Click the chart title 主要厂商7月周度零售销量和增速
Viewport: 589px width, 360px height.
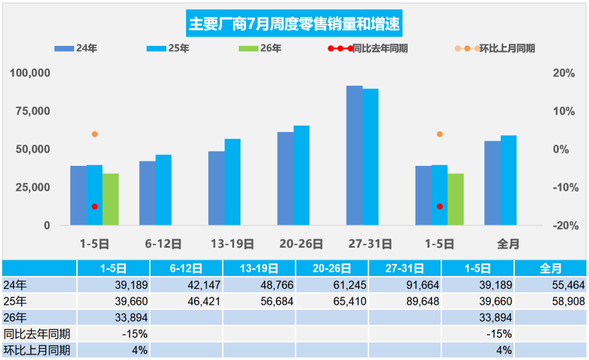tap(294, 23)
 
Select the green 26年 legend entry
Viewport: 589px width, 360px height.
tap(260, 48)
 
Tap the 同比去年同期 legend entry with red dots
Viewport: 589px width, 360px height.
tap(368, 49)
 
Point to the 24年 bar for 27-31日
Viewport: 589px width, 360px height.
tap(354, 155)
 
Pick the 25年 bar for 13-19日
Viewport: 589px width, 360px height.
tap(232, 182)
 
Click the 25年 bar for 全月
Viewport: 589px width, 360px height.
tap(509, 181)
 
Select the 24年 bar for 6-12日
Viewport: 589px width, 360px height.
tap(147, 193)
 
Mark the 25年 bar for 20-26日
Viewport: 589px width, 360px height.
tap(302, 176)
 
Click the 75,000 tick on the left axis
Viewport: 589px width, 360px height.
tap(33, 111)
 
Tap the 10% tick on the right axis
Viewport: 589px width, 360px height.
tap(564, 111)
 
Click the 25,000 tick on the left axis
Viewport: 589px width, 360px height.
tap(33, 187)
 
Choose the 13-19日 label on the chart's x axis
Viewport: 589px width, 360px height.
tap(232, 244)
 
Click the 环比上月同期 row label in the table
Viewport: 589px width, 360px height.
tap(37, 350)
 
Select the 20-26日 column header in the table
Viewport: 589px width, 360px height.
tap(332, 268)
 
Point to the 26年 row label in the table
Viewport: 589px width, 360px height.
tap(15, 318)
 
